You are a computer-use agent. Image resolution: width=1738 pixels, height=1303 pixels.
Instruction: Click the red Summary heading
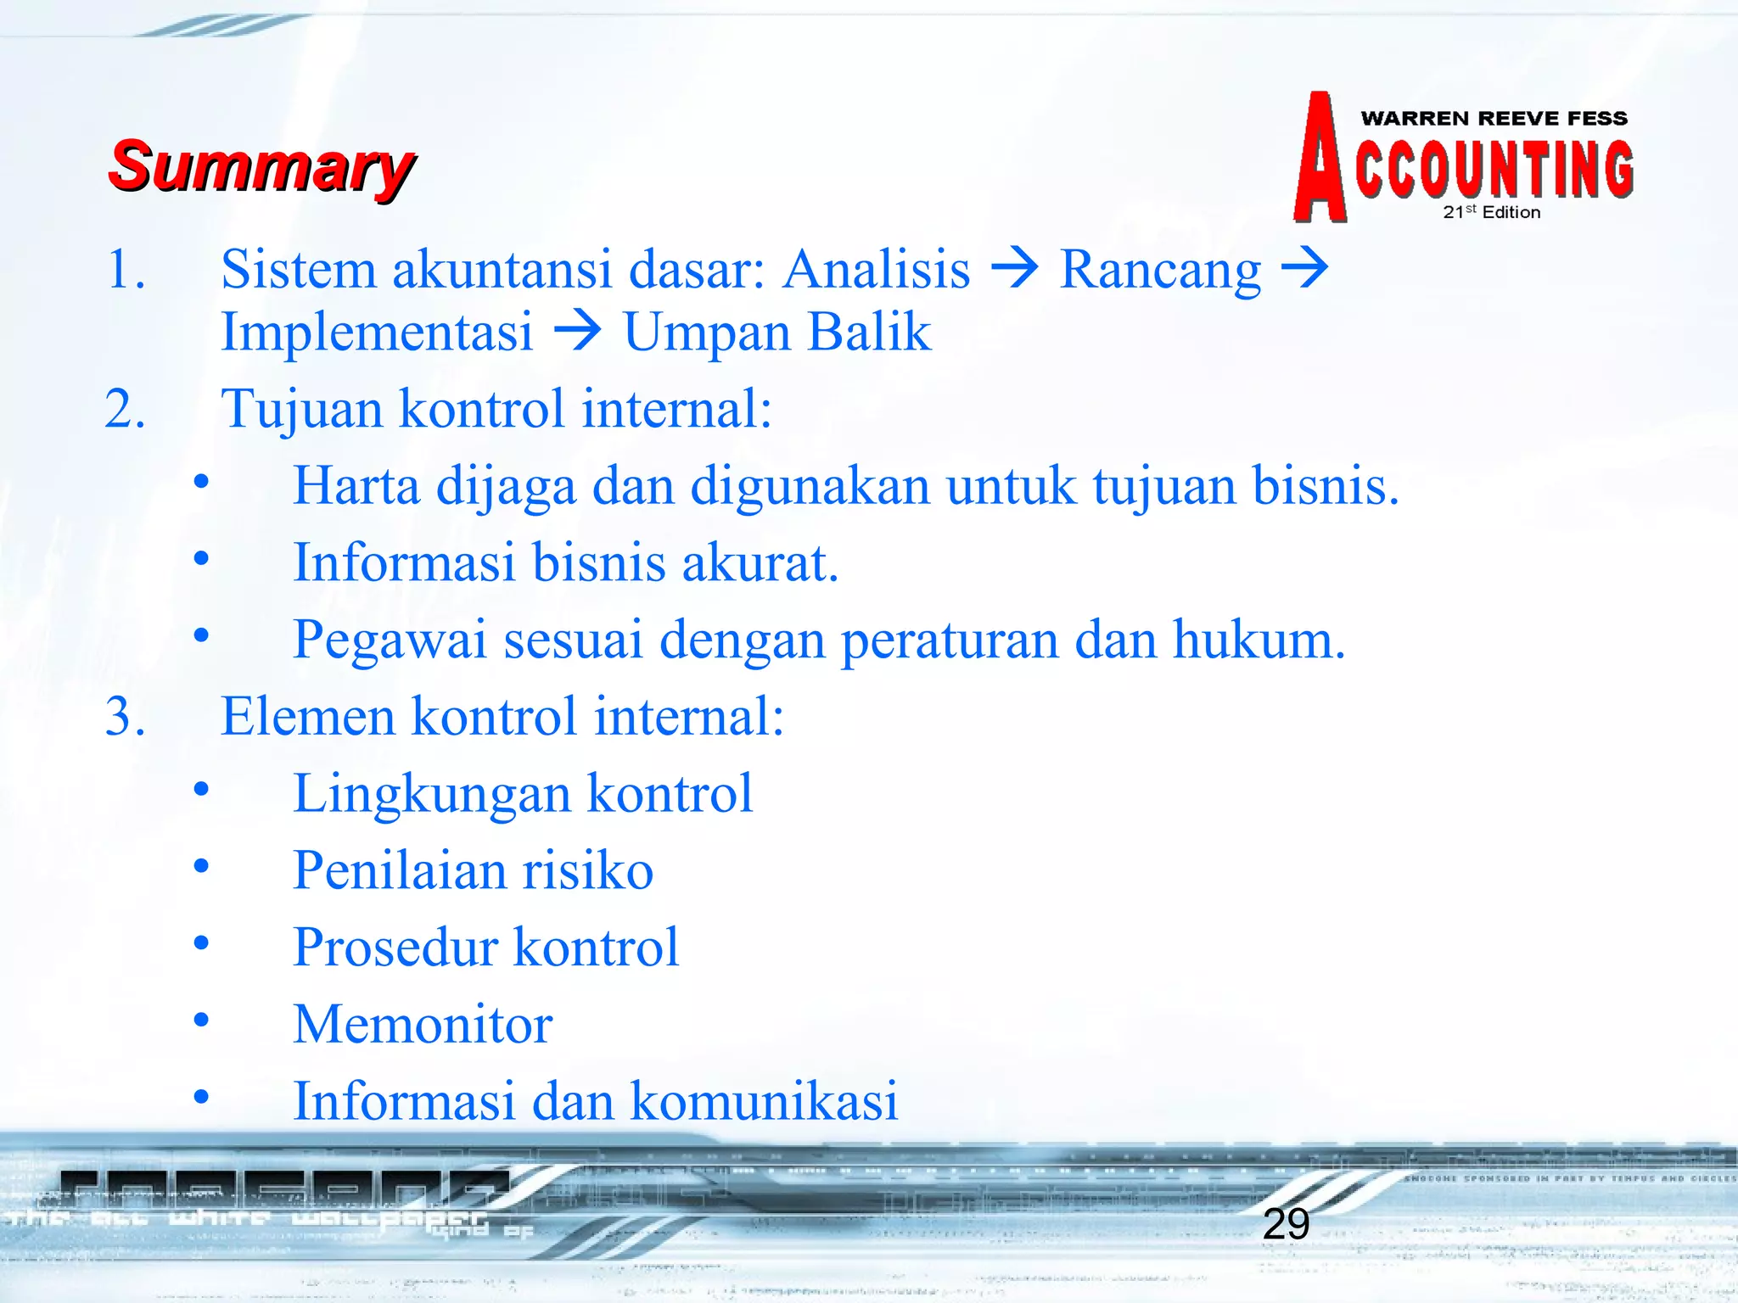pos(261,167)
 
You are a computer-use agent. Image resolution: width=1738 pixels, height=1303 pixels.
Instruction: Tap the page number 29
pos(1286,1224)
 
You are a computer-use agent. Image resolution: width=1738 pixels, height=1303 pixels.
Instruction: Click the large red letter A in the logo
pos(1320,159)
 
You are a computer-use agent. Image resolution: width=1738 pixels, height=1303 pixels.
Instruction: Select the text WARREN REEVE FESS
pos(1494,119)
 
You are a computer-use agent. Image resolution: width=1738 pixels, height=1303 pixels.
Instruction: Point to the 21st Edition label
pos(1491,212)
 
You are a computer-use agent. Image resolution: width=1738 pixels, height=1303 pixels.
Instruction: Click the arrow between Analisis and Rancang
pos(1015,269)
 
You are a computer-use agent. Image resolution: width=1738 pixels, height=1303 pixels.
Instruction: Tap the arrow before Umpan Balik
pos(577,331)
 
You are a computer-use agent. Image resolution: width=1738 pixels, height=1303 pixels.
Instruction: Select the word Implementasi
pos(377,332)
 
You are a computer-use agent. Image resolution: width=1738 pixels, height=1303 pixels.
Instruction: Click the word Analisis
pos(876,270)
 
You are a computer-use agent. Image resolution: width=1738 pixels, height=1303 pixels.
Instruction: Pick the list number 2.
pos(125,409)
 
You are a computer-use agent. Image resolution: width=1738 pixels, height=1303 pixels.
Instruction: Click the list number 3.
pos(125,717)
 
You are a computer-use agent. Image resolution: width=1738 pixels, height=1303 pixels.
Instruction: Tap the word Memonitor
pos(423,1025)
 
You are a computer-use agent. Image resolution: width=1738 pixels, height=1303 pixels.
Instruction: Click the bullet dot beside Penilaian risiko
pos(201,867)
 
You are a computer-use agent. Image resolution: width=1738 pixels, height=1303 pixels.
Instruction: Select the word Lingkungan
pos(431,795)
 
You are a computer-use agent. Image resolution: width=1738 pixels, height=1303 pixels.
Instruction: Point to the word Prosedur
pos(395,948)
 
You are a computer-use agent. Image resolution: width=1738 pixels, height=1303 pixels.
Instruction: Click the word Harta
pos(356,486)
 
